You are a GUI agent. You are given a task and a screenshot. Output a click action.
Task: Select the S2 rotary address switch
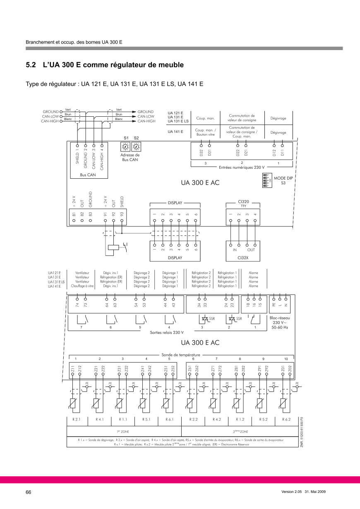point(136,146)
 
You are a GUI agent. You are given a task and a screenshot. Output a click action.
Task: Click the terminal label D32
point(201,153)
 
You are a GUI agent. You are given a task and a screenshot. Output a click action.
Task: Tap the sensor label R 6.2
point(286,419)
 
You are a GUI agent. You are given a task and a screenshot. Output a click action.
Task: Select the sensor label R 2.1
point(76,419)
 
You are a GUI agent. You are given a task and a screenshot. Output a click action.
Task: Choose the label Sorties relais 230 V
point(167,332)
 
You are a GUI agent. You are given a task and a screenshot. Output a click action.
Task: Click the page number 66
point(29,492)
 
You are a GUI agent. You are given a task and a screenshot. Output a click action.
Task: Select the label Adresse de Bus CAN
point(131,157)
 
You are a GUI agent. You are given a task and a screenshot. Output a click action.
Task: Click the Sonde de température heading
point(181,355)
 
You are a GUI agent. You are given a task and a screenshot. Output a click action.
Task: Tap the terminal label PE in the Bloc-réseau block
point(273,305)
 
